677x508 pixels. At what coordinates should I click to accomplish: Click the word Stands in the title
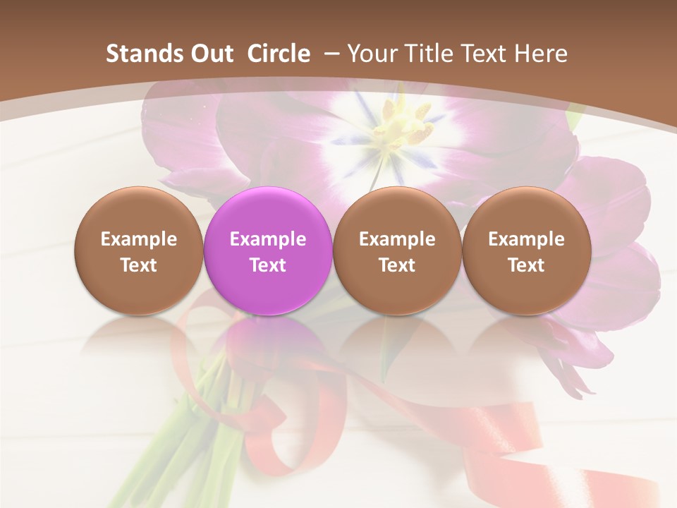(x=144, y=54)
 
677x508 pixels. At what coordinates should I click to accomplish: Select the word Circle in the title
(x=279, y=54)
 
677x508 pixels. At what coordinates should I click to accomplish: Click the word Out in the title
(x=212, y=54)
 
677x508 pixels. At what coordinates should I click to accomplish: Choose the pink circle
(x=268, y=251)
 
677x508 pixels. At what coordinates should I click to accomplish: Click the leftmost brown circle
(x=139, y=251)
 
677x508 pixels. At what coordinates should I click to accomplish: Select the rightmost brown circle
(x=526, y=251)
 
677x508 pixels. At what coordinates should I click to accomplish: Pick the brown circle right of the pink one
(x=397, y=251)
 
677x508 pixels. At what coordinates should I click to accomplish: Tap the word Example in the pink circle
(x=268, y=239)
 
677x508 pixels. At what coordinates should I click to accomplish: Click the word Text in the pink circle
(x=268, y=265)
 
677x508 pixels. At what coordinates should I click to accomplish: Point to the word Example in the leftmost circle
(x=139, y=239)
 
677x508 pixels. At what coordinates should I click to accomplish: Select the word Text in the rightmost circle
(x=526, y=265)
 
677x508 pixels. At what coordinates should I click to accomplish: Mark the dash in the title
(x=330, y=54)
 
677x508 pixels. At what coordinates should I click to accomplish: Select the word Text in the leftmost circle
(x=139, y=265)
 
